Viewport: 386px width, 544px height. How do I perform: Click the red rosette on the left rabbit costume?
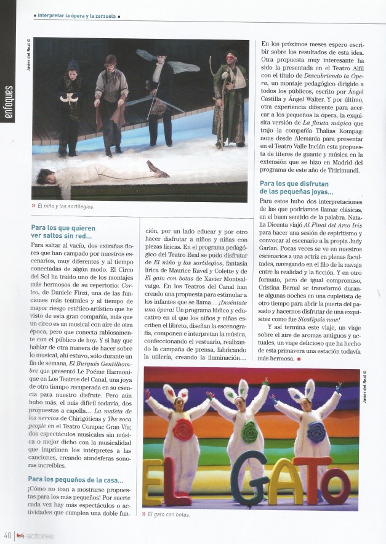click(183, 430)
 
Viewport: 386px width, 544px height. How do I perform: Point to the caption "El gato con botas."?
click(169, 514)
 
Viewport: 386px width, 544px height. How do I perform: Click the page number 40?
click(8, 535)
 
